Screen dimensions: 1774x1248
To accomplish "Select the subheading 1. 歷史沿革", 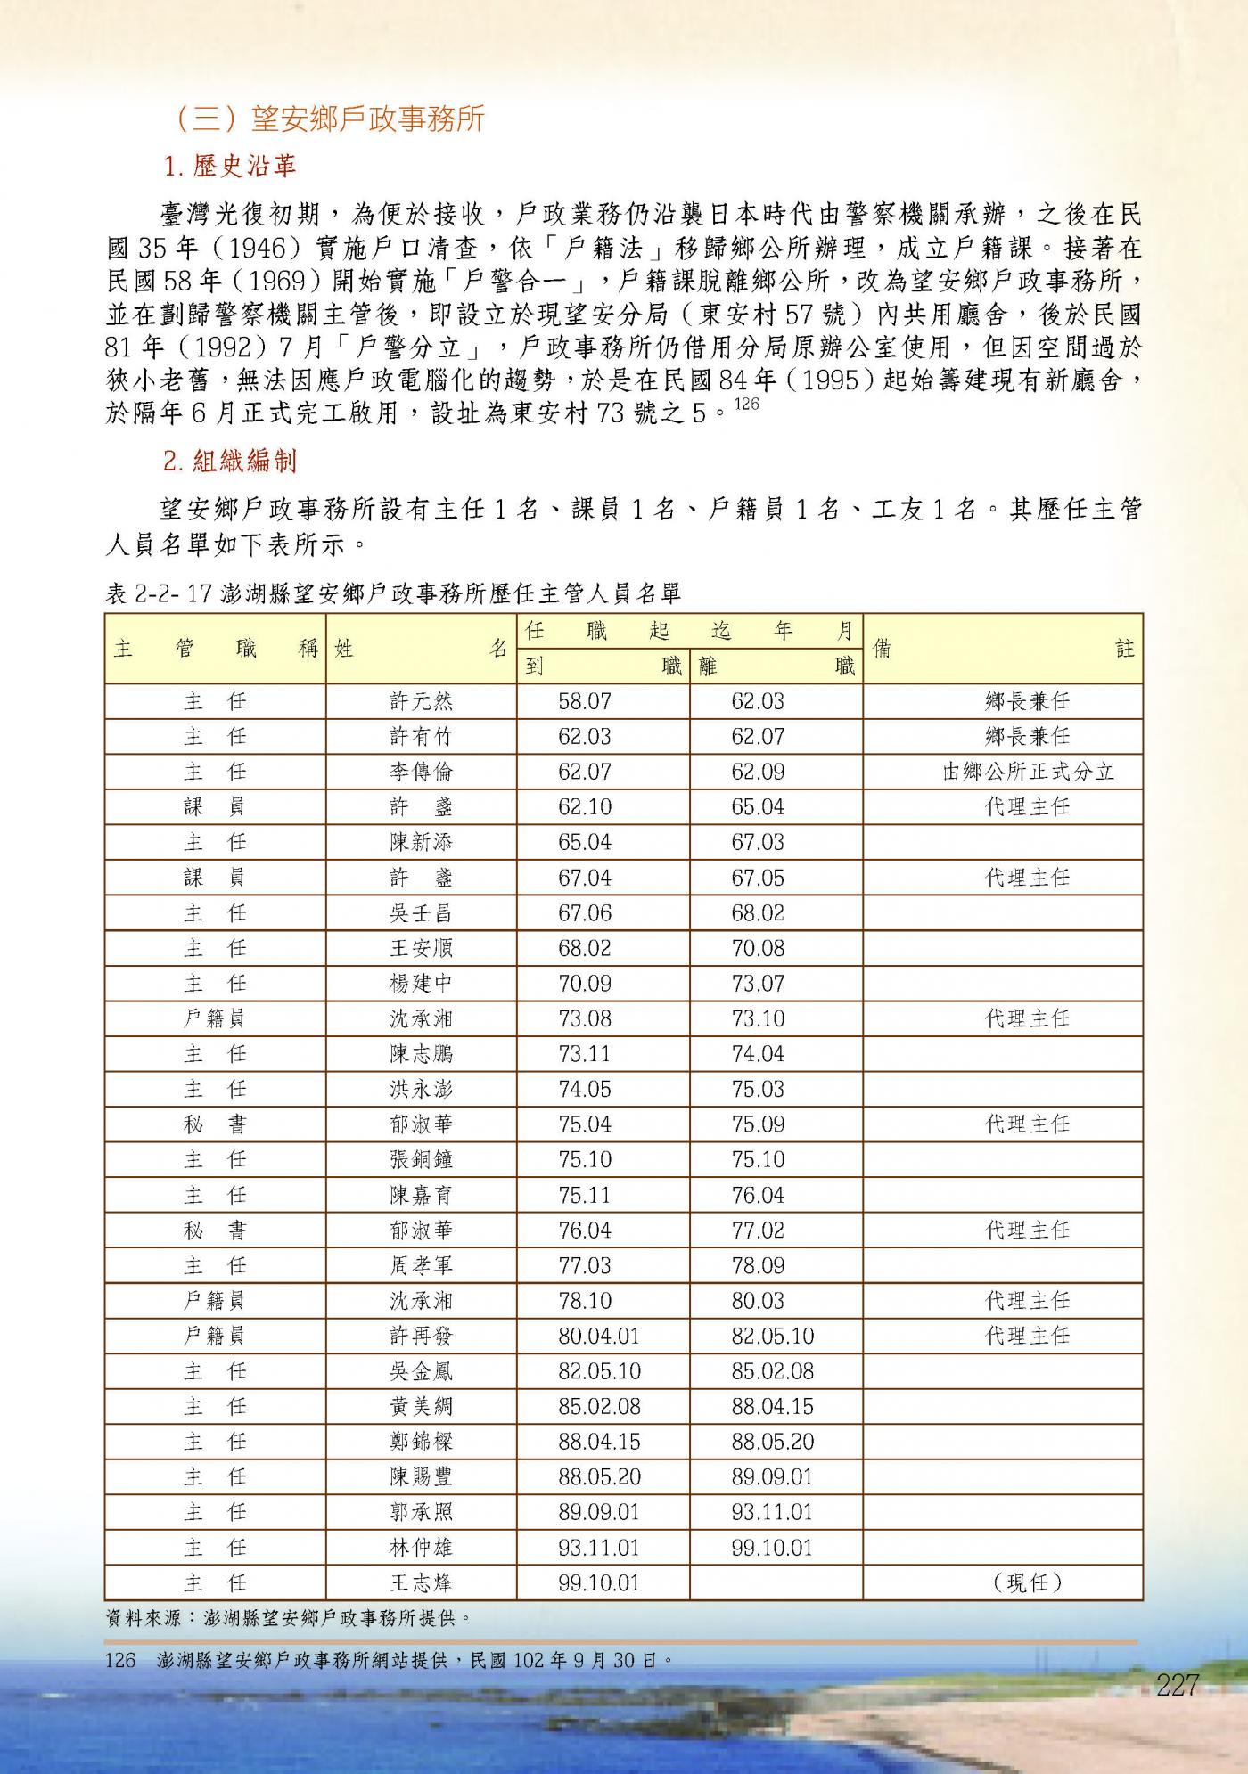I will (230, 166).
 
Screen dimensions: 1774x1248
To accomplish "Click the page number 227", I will (1177, 1685).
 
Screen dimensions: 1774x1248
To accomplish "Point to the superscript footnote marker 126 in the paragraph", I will (746, 405).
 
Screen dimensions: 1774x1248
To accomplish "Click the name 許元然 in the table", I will (421, 701).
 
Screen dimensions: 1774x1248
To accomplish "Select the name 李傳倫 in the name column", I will (421, 772).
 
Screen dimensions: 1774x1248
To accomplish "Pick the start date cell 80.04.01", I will (599, 1336).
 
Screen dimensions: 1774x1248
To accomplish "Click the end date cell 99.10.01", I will (772, 1548).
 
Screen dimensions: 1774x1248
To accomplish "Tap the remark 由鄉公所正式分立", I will (1028, 772).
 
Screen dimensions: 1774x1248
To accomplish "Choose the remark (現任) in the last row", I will (1028, 1583).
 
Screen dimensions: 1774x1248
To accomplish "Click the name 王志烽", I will (421, 1583).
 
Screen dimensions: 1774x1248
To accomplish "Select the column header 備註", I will (1002, 649).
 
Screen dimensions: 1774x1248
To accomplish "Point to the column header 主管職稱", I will (215, 649).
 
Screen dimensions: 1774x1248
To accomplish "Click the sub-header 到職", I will (603, 666).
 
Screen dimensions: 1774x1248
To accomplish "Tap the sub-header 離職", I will (776, 666).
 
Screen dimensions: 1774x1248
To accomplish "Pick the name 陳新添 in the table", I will (421, 842).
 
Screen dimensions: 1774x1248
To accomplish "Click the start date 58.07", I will (585, 701).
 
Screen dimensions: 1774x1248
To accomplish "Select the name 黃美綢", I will (421, 1407).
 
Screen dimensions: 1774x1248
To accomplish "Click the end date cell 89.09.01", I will (772, 1477).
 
